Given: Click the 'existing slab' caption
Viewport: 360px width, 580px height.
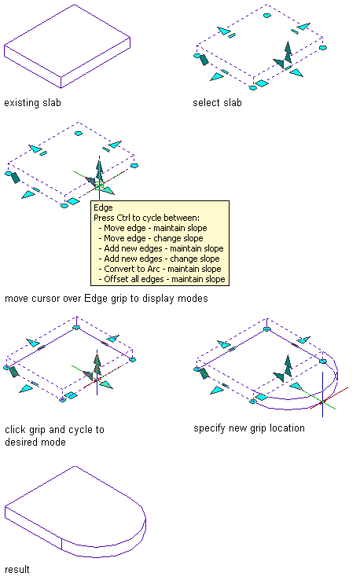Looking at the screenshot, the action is pos(32,102).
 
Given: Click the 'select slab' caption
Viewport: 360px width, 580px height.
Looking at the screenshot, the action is pos(217,102).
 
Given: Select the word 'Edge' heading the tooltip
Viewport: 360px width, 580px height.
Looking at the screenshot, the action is pos(103,207).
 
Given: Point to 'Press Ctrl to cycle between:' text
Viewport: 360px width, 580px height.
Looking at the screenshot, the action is pos(146,218).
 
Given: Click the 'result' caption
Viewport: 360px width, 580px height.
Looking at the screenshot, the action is pos(17,569).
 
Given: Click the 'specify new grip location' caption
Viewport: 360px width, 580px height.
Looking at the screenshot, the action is pos(249,428).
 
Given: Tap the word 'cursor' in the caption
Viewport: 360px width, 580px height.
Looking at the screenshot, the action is pos(46,299).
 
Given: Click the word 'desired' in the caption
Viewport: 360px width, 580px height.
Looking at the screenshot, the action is pos(20,442).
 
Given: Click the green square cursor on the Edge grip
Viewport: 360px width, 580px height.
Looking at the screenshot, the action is pos(99,185).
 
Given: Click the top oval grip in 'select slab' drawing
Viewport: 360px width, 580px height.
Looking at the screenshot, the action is pos(266,16).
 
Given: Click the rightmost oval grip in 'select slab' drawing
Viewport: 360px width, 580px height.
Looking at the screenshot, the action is pos(322,48).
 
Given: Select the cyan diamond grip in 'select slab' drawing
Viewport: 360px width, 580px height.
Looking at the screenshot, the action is pos(262,83).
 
